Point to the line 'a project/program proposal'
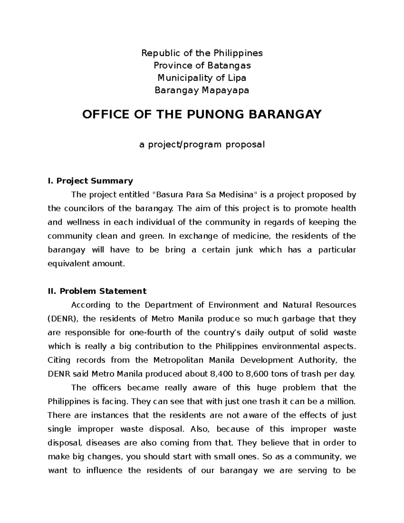point(202,145)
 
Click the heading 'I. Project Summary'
point(91,181)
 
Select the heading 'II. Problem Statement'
point(97,291)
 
